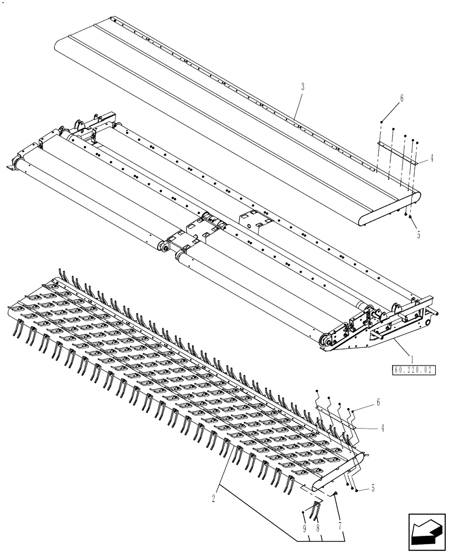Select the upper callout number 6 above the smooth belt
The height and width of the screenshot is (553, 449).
(x=402, y=99)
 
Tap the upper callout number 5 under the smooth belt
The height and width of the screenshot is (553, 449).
(x=419, y=234)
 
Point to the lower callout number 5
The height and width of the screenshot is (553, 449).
(x=374, y=488)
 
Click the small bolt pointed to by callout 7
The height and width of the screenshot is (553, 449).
(x=335, y=493)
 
